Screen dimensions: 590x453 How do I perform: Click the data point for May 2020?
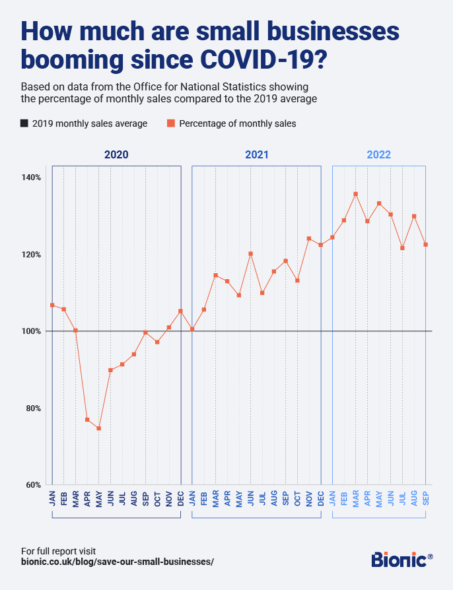coord(98,428)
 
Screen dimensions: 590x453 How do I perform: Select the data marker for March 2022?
coord(355,194)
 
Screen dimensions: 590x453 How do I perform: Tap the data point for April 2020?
coord(87,420)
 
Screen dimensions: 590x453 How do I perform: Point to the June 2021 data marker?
coord(250,253)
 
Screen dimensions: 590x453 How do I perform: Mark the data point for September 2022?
coord(426,244)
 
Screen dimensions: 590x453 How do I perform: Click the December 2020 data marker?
coord(180,311)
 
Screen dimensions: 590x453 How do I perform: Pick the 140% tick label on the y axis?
coord(32,178)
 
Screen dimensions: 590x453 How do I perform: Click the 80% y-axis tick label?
coord(34,408)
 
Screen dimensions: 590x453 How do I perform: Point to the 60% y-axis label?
coord(34,484)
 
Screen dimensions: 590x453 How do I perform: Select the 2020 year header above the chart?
coord(116,155)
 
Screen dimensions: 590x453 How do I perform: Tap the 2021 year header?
coord(256,155)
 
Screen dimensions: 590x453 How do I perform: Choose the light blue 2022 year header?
coord(379,155)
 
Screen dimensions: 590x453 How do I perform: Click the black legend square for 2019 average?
coord(24,123)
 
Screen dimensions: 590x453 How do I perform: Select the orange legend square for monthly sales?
coord(170,123)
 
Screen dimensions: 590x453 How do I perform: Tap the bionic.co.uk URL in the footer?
coord(118,562)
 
